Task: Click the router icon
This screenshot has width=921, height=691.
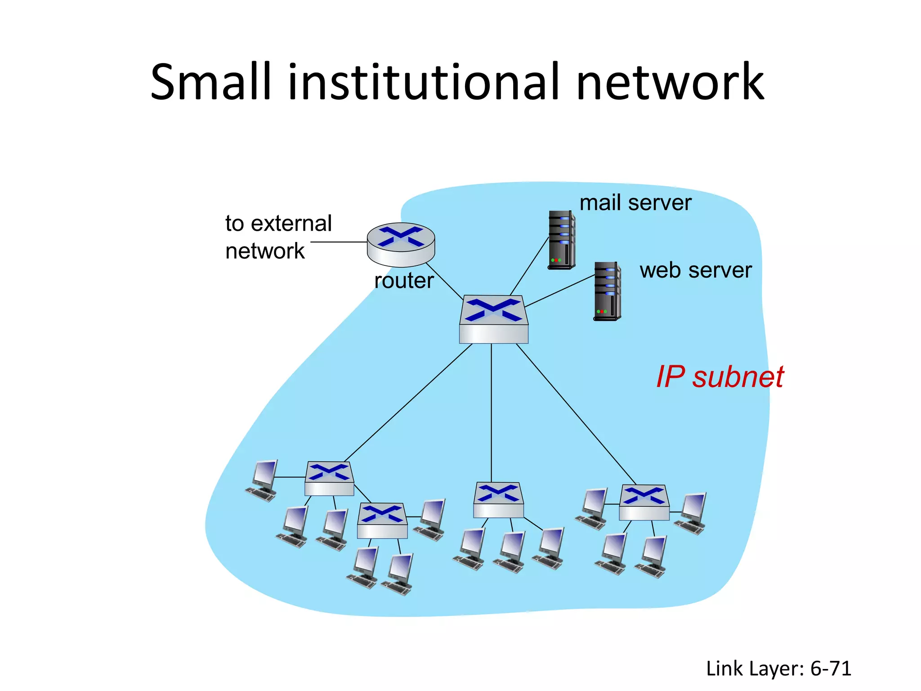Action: (401, 244)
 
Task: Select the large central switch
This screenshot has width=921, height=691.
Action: (493, 319)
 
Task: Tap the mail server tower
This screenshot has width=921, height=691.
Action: (561, 240)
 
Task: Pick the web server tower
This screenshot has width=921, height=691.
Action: (607, 291)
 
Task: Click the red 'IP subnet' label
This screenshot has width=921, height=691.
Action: (720, 377)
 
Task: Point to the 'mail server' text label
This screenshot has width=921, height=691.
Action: (635, 203)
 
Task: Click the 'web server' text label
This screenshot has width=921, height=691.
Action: (695, 270)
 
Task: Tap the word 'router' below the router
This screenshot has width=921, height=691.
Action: (404, 281)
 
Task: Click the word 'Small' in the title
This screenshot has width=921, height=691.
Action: (211, 82)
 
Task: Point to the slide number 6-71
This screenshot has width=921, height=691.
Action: (831, 669)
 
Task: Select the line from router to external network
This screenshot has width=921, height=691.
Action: (338, 242)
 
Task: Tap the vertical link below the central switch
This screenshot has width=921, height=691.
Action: (491, 412)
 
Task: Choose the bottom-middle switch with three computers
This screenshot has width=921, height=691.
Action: (498, 500)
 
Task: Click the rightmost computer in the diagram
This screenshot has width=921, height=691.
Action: (691, 513)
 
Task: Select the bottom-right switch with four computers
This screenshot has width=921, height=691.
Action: (644, 502)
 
